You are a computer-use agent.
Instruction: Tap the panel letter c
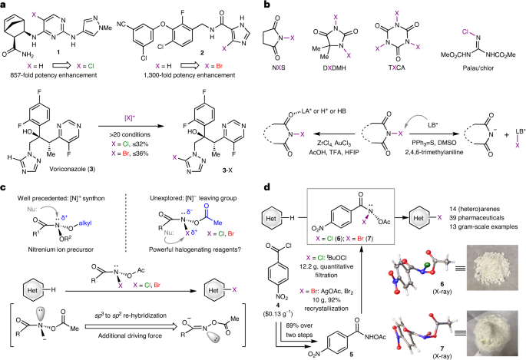[x=6, y=181]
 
